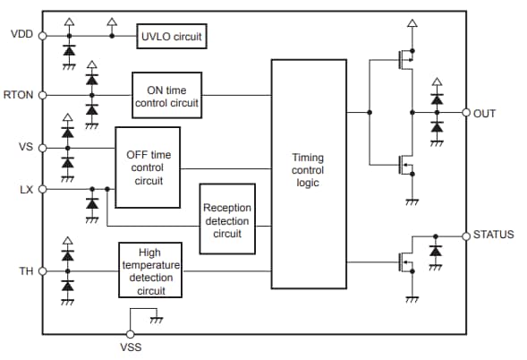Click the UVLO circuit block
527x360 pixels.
pos(172,38)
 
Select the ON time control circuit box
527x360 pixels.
pos(167,95)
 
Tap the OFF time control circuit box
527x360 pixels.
pos(148,167)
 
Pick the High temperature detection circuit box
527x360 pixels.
pos(150,271)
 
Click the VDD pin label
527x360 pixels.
pos(21,35)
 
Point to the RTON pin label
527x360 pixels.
pos(20,95)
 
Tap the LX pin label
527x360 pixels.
pos(25,189)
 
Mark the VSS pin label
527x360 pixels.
pos(131,347)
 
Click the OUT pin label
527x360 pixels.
pos(485,113)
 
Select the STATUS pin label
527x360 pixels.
pos(493,235)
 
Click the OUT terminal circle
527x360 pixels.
pos(466,113)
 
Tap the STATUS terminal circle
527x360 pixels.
pos(466,235)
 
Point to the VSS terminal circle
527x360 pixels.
pos(131,334)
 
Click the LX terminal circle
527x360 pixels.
pos(42,189)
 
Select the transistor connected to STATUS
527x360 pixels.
pos(404,262)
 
